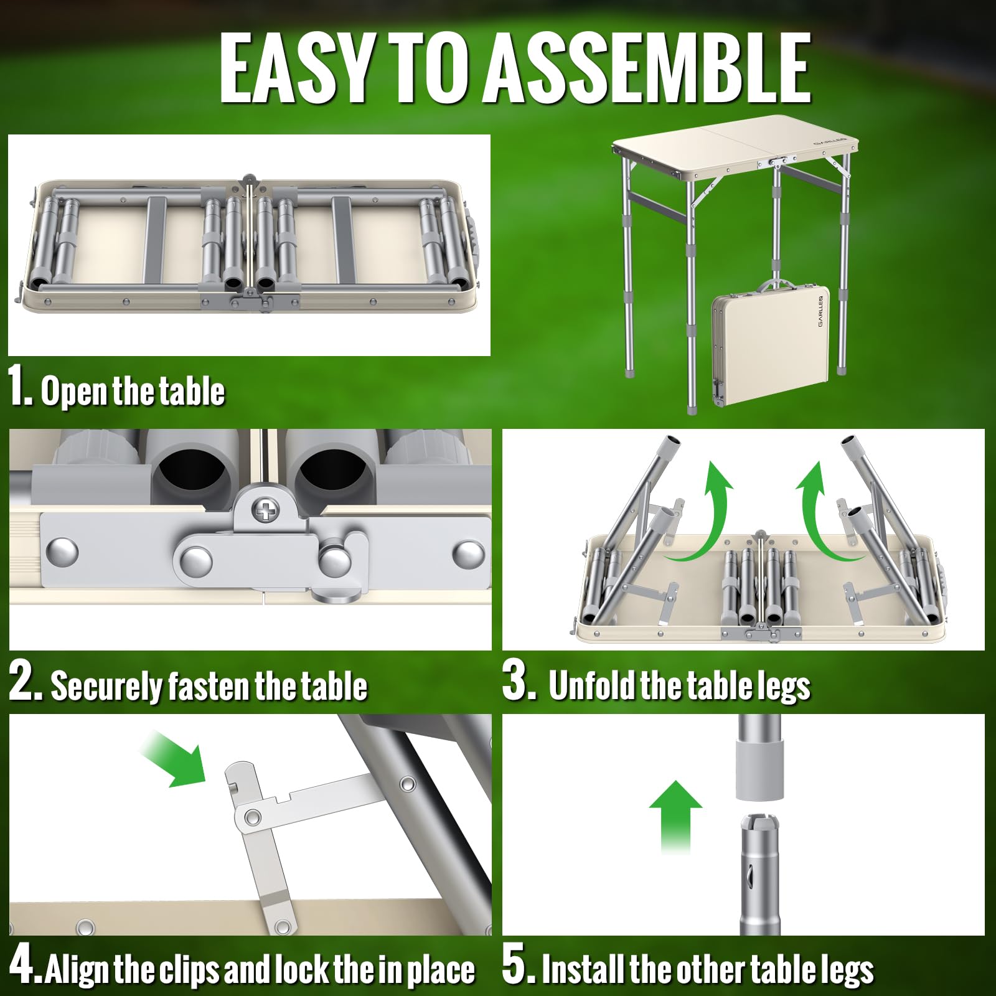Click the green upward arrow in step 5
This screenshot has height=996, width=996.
pyautogui.click(x=675, y=815)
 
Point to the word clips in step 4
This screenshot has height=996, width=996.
pyautogui.click(x=189, y=970)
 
